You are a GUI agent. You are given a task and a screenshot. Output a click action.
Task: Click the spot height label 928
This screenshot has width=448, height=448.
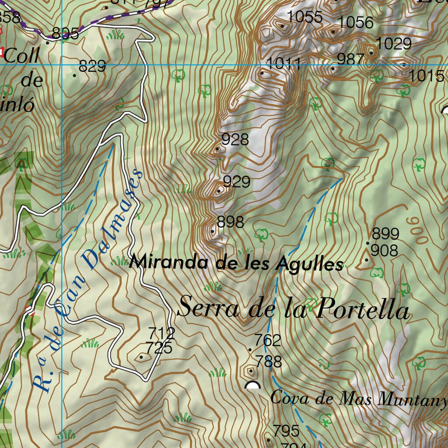tap(235, 140)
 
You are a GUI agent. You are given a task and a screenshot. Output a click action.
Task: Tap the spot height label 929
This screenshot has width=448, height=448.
tap(236, 181)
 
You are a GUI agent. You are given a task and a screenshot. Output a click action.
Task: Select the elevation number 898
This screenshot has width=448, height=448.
tap(230, 222)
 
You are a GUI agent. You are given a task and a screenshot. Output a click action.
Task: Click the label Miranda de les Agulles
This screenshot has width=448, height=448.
tap(236, 263)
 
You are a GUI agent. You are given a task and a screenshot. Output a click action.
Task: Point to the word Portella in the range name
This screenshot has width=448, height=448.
tap(363, 309)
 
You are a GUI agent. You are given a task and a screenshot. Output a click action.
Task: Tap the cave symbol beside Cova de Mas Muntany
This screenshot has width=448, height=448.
tap(252, 385)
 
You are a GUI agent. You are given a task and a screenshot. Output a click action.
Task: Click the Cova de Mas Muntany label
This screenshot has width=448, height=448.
tap(359, 398)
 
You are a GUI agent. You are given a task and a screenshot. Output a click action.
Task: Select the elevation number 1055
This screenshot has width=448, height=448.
tap(305, 17)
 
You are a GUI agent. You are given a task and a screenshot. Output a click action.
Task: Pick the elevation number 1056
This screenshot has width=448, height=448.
tap(356, 22)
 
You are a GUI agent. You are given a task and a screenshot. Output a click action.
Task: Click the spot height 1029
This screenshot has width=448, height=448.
tap(394, 43)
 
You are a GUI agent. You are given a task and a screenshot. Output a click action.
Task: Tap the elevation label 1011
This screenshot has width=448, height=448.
tap(283, 64)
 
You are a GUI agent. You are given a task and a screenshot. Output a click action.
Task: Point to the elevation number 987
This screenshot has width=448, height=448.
tap(350, 59)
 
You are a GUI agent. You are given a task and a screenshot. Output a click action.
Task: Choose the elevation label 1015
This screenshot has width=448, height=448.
tap(427, 76)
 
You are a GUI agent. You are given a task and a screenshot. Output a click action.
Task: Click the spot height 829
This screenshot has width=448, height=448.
tap(92, 66)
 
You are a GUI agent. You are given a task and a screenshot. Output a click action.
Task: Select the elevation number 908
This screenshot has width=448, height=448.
tap(385, 251)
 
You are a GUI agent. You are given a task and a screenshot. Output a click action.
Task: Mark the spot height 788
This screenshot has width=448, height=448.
tap(269, 362)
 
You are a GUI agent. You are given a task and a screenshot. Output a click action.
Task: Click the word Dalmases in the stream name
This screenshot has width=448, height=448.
tap(112, 219)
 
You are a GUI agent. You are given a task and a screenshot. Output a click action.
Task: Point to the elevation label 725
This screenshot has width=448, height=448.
tap(159, 348)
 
